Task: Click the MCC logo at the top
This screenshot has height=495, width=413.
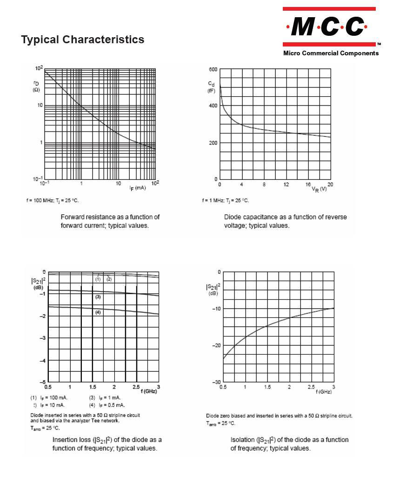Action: pos(329,26)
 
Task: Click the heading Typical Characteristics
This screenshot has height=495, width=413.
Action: pos(83,40)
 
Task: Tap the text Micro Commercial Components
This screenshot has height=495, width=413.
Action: pos(331,53)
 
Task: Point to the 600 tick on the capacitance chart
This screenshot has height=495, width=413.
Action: pos(213,69)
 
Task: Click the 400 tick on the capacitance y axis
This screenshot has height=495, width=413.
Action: pos(213,106)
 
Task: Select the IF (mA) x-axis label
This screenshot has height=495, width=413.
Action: pos(138,188)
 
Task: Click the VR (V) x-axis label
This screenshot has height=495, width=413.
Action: pos(319,189)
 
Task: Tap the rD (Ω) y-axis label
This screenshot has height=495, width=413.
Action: pos(36,86)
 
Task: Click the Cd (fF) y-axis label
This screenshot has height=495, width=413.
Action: pos(211,87)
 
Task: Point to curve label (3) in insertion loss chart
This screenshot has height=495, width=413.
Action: pos(98,297)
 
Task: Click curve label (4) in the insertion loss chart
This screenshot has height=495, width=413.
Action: pos(98,312)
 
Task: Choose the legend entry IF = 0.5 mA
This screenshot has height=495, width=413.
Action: pos(110,405)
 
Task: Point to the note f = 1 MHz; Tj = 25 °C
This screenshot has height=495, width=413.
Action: pos(226,201)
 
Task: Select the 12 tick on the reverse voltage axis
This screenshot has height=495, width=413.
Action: pos(286,185)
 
